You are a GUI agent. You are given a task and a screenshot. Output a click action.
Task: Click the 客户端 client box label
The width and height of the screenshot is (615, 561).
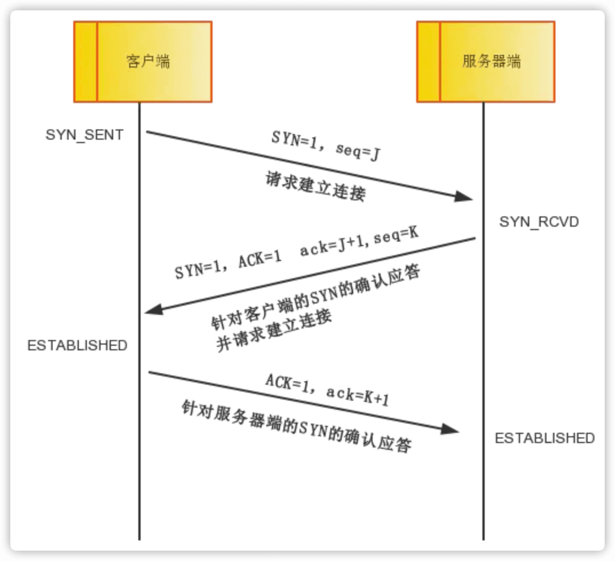tap(148, 61)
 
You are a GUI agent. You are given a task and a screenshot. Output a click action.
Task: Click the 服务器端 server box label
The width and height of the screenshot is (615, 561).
tap(492, 61)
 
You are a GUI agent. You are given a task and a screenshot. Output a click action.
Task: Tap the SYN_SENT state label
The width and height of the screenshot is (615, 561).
tap(85, 136)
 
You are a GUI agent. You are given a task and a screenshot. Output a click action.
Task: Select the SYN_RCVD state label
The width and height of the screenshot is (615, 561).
tap(539, 222)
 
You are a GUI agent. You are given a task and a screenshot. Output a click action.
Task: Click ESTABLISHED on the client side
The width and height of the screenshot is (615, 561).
tap(77, 345)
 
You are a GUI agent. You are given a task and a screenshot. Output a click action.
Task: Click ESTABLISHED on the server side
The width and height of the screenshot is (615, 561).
tap(545, 438)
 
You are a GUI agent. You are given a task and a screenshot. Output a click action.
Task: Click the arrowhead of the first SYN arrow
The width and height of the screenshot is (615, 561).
tap(465, 196)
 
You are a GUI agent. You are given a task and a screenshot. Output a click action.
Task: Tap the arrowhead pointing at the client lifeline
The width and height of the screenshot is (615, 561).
tap(154, 310)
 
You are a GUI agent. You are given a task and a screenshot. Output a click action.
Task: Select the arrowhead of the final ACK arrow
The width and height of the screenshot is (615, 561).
tap(451, 429)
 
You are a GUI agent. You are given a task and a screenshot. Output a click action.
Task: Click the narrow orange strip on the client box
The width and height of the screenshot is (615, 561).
tap(85, 62)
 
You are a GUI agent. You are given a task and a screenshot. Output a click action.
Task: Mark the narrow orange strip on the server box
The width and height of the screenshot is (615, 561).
tap(428, 62)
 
